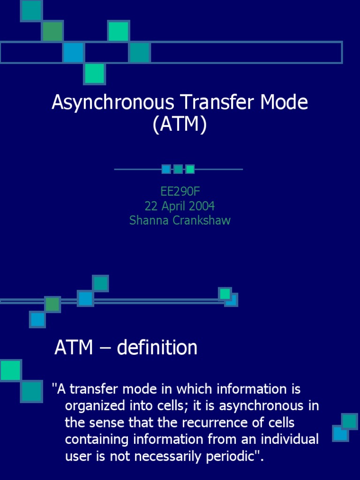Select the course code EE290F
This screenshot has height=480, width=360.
(x=180, y=192)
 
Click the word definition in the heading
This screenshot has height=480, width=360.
(x=157, y=348)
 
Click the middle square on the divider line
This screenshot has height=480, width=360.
(x=178, y=169)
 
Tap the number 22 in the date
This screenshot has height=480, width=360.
(x=151, y=206)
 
